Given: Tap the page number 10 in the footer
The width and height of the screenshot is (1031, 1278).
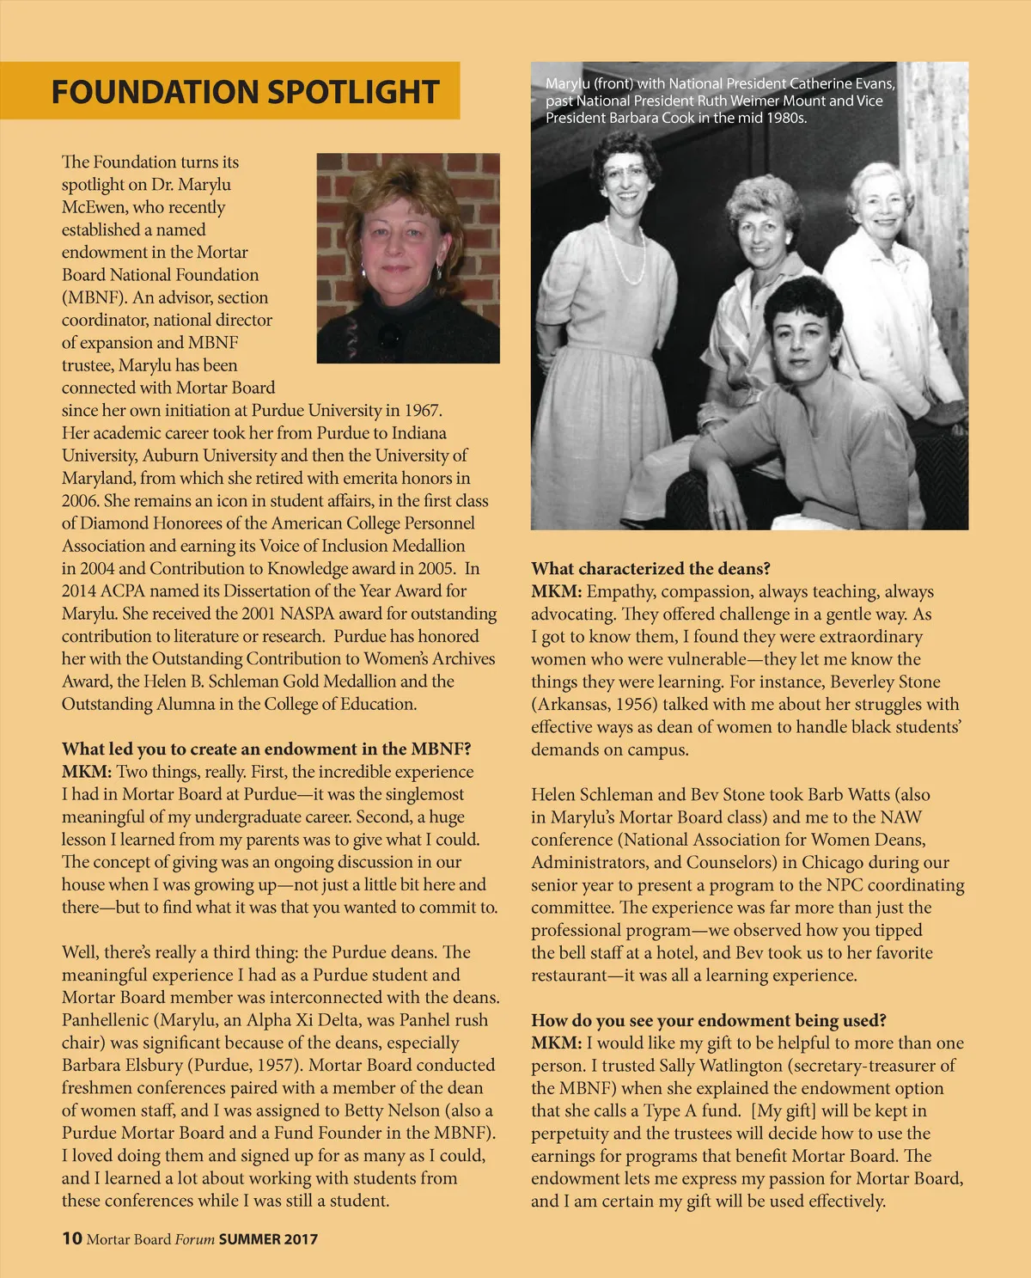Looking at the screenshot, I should point(71,1238).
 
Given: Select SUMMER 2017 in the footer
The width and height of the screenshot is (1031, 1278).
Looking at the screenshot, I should point(268,1239).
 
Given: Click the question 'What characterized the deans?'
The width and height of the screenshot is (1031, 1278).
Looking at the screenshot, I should point(650,568).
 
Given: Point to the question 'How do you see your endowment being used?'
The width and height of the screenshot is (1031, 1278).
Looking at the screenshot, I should point(708,1020).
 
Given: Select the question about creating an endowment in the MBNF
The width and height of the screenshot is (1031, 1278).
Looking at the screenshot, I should point(266,749).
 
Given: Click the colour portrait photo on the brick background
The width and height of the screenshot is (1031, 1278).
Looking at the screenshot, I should point(408,258).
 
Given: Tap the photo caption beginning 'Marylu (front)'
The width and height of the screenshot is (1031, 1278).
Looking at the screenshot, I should point(720,101).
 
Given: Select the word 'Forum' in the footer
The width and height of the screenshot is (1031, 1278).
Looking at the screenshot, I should point(195,1239).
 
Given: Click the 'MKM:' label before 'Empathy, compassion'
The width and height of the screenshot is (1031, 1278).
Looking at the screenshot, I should point(556,591).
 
